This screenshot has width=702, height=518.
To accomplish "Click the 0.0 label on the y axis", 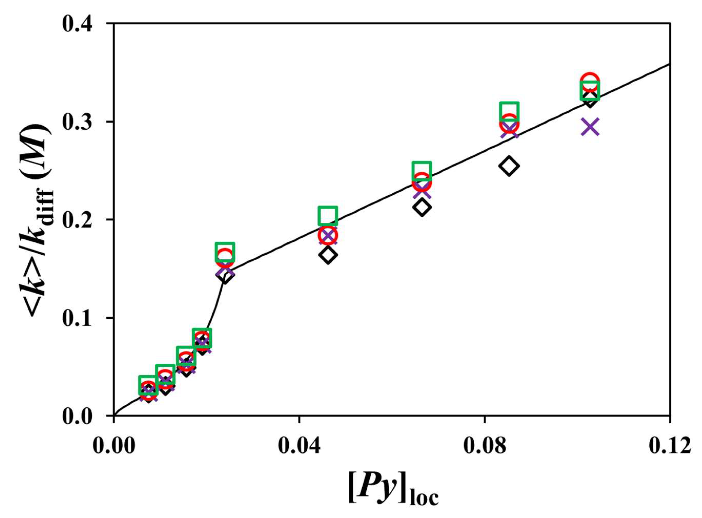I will coord(83,416).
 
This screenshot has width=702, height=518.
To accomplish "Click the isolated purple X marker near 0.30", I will coord(590,127).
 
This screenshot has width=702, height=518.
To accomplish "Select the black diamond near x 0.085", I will coord(509,166).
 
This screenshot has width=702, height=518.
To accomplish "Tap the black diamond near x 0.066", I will coord(422,207).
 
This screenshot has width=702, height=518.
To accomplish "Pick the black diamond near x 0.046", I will coord(328,255).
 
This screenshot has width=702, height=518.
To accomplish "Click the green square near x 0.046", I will coord(328,216).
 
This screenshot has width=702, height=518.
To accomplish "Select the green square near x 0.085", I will coord(509,111).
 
